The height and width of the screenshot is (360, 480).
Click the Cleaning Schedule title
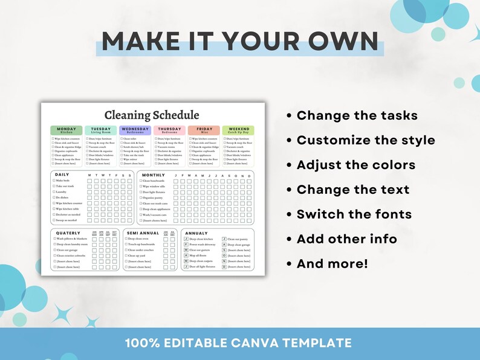151,115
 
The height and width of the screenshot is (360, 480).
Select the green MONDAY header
66,130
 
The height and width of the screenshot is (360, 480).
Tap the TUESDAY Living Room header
101,130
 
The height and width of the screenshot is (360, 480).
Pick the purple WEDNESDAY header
135,130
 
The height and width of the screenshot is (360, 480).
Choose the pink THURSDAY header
169,130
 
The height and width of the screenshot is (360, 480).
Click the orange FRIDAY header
204,130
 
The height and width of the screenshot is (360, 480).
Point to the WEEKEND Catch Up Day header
238,130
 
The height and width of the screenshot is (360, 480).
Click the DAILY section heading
62,175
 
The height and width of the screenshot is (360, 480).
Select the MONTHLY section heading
154,175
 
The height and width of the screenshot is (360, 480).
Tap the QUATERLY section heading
68,233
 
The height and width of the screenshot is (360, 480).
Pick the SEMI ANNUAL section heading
143,233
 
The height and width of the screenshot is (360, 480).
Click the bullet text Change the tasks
357,115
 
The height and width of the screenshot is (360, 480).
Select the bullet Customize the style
365,140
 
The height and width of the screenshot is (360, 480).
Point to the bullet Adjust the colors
355,165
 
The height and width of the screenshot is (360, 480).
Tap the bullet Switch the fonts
354,214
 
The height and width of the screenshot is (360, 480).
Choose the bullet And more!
331,263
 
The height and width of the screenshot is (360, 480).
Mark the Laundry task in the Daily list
63,192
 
